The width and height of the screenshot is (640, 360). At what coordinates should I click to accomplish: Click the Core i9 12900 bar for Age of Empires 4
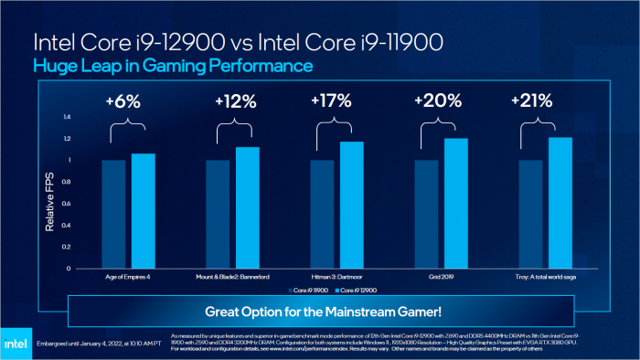[x=143, y=211]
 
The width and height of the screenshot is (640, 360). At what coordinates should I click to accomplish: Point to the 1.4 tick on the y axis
[x=66, y=117]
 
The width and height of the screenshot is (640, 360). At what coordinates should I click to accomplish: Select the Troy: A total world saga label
[x=546, y=276]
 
